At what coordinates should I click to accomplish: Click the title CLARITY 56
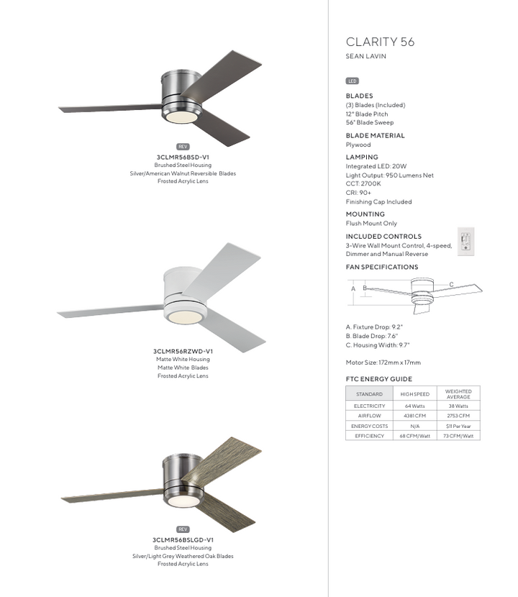coord(380,42)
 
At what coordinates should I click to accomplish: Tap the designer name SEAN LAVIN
coord(366,57)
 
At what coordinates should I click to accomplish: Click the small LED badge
coord(353,81)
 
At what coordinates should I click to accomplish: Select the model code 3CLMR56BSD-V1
coord(182,156)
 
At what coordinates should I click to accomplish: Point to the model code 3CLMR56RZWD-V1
coord(183,351)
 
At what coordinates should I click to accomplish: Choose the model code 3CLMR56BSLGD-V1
coord(183,539)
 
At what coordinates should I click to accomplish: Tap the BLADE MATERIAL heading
coord(375,135)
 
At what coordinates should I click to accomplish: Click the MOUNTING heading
coord(365,214)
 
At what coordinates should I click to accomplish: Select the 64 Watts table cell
coord(414,406)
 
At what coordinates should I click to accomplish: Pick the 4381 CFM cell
coord(414,416)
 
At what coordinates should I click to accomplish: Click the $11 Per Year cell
coord(458,426)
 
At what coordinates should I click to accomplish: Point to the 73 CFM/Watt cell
coord(458,436)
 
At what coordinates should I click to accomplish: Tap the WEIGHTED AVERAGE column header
coord(458,394)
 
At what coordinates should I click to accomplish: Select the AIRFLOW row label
coord(369,416)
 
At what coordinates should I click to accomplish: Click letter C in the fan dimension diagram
coord(451,285)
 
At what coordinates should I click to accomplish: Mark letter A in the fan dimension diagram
coord(353,288)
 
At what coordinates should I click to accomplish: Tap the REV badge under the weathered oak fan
coord(182,529)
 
